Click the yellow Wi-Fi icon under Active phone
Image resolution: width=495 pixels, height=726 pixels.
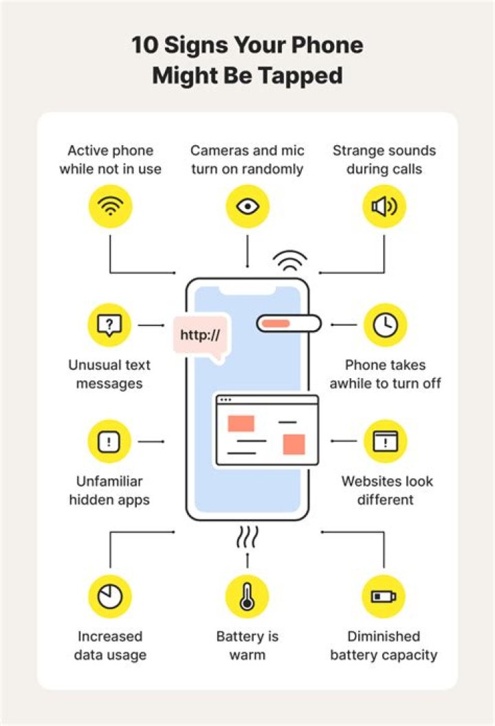(110, 207)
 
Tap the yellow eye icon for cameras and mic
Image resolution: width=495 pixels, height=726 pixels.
(247, 207)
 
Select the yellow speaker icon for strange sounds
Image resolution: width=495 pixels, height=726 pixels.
(384, 207)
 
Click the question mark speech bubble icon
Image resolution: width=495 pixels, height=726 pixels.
(109, 324)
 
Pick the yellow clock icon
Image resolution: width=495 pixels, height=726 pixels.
(385, 324)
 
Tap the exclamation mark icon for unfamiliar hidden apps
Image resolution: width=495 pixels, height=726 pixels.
(109, 441)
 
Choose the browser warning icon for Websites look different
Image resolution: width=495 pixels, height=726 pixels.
(385, 441)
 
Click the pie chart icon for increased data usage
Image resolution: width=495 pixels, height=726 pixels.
(109, 596)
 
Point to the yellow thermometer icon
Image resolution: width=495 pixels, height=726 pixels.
(247, 596)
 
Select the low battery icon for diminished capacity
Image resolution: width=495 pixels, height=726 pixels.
(384, 596)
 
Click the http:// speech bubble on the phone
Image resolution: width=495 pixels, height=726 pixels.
(200, 336)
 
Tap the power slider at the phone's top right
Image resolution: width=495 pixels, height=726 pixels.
(289, 323)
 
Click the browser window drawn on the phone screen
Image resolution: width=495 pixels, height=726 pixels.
(267, 430)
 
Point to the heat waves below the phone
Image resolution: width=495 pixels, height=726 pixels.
(247, 536)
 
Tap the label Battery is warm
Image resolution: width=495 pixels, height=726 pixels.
(247, 646)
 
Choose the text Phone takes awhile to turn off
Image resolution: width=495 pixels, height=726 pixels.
(385, 374)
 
